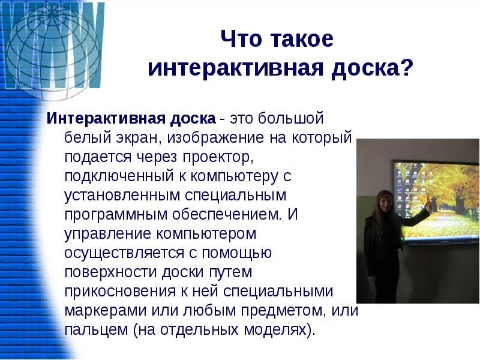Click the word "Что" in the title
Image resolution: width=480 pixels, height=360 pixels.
click(240, 40)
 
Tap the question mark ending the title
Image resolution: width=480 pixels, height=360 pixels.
click(407, 68)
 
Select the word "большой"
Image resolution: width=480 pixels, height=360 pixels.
click(296, 117)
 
